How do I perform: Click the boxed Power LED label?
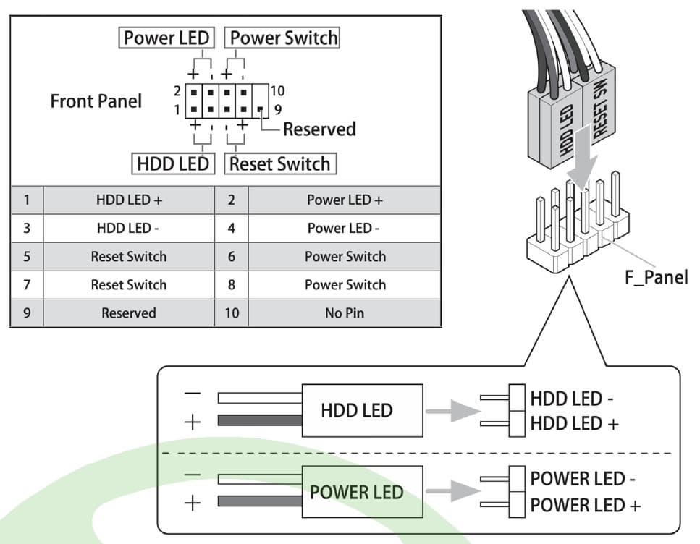pos(166,38)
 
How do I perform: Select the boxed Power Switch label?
pos(283,38)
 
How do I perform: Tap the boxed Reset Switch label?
pos(279,164)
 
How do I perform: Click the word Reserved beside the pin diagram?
pos(319,129)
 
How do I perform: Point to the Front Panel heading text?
pos(96,101)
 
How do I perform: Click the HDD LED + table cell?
pos(129,200)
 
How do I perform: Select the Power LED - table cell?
pos(345,229)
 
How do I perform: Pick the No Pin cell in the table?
pos(345,313)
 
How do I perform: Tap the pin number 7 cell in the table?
pos(27,285)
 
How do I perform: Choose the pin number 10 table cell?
pos(232,313)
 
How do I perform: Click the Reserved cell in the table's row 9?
pos(129,313)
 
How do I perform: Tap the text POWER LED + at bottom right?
pos(585,505)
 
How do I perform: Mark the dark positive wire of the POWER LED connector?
pos(259,501)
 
